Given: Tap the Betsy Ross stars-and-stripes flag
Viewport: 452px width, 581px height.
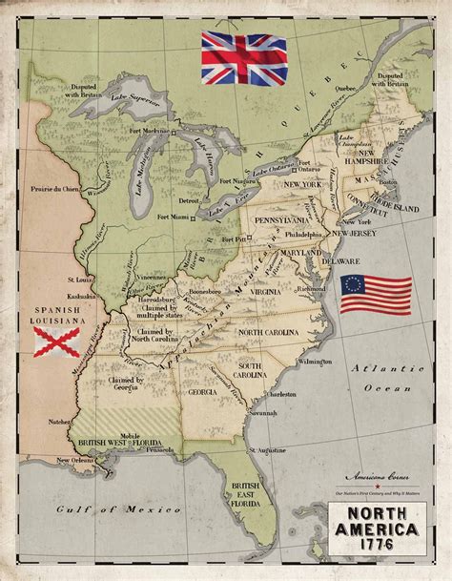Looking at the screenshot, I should (x=376, y=296).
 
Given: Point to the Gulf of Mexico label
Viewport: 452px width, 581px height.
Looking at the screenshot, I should (x=110, y=510).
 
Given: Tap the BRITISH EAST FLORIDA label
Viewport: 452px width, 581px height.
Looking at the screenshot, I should (x=248, y=496).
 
